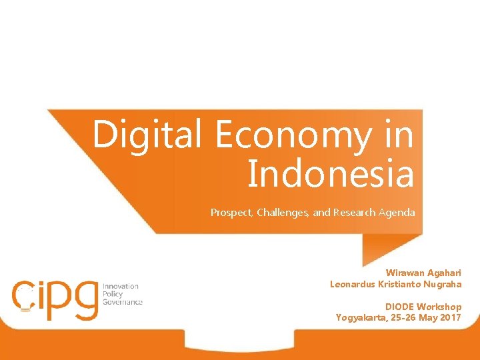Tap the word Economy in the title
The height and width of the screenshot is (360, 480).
point(292,137)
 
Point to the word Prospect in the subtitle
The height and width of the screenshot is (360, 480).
point(230,213)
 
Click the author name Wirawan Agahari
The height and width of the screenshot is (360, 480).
point(423,273)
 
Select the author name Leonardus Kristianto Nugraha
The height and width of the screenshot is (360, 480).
point(396,284)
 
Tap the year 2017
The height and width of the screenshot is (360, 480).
point(450,317)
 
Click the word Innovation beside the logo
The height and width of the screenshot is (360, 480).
point(120,286)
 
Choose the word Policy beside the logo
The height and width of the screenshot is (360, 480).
point(113,294)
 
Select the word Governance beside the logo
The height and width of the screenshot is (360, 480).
point(123,302)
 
